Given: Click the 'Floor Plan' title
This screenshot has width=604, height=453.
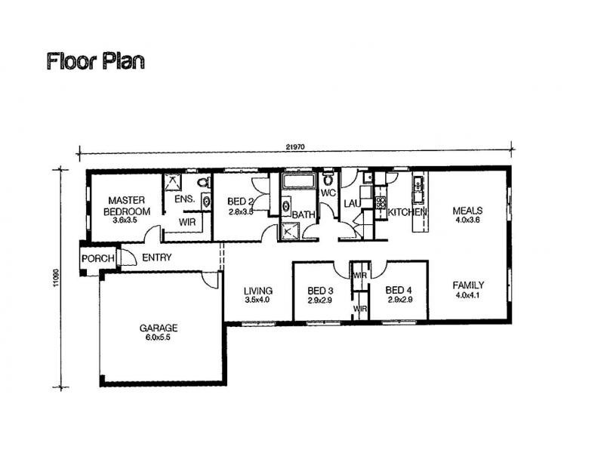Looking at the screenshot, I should [95, 61].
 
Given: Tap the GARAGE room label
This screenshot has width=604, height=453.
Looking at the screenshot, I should [159, 328].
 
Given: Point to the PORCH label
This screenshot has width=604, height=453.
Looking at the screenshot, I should [98, 259].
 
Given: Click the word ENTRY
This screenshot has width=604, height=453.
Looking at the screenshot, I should [156, 258].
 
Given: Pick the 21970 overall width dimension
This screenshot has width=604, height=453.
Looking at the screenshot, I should [295, 148].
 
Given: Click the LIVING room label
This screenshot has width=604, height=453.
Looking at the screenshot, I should [257, 291].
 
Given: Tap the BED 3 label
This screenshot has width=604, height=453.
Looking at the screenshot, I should [321, 291].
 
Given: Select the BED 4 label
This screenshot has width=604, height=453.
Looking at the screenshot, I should [398, 291].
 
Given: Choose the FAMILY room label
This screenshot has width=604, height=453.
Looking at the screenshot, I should [468, 285].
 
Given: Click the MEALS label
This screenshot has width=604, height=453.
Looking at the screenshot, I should [467, 211].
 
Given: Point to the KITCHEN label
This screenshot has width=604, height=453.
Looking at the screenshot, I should [407, 213].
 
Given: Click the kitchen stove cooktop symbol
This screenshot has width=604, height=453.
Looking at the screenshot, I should [381, 202].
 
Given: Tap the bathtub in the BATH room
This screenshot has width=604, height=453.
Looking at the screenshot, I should [300, 183].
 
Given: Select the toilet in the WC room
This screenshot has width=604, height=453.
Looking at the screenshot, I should [328, 180].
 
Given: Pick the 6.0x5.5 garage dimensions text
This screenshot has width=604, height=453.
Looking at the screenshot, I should [159, 338].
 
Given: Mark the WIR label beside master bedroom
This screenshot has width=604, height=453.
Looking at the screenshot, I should [186, 223].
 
